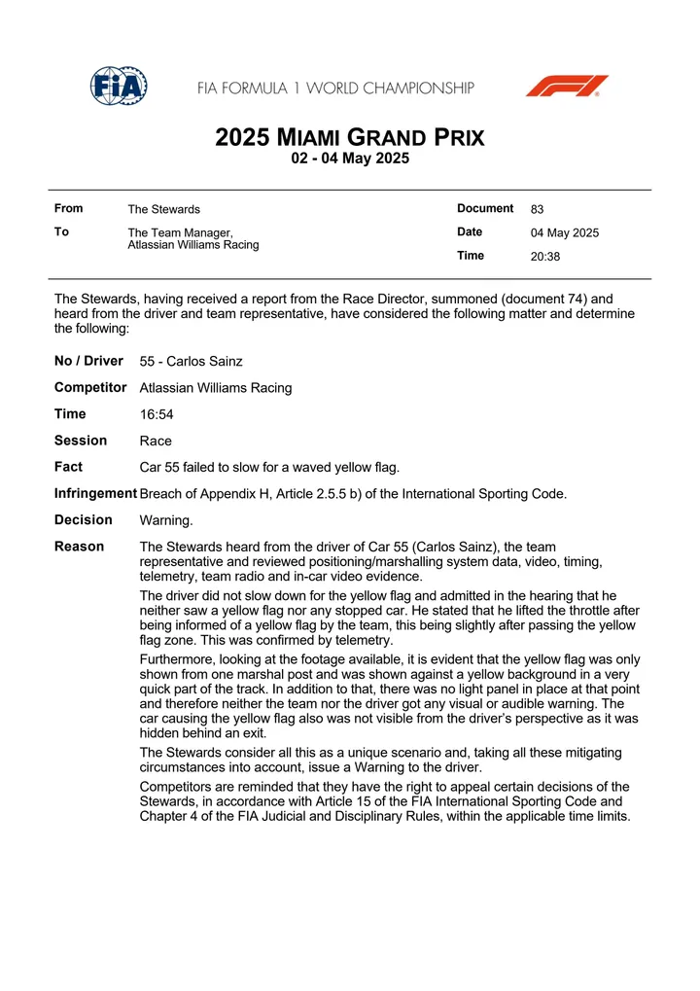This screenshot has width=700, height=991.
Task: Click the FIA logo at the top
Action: click(x=119, y=87)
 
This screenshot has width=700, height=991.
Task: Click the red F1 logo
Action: click(x=567, y=87)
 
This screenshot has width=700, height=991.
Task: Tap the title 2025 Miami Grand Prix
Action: click(x=350, y=137)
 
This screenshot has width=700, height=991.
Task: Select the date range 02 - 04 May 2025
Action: click(x=350, y=159)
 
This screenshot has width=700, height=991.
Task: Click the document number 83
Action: click(x=538, y=209)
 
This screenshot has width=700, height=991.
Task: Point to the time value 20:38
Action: click(x=545, y=257)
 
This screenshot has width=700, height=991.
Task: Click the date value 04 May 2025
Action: click(x=565, y=232)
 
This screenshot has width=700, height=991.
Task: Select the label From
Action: click(x=69, y=208)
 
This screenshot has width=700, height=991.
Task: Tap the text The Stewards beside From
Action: click(x=164, y=209)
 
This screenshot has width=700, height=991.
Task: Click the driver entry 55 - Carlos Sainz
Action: click(x=192, y=362)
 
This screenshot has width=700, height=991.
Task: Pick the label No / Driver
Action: click(x=88, y=361)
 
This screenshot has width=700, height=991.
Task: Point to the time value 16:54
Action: click(x=157, y=414)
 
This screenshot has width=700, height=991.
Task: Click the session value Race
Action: click(x=156, y=441)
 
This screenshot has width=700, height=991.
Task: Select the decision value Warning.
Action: click(x=166, y=520)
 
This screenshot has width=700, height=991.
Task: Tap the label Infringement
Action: click(x=95, y=493)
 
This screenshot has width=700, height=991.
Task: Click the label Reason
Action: click(x=80, y=547)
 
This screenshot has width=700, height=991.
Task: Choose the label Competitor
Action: click(x=90, y=387)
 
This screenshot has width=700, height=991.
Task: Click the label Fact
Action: click(x=68, y=467)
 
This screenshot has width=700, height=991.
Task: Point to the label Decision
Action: click(x=84, y=519)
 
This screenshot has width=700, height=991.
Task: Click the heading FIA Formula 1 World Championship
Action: click(x=336, y=88)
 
